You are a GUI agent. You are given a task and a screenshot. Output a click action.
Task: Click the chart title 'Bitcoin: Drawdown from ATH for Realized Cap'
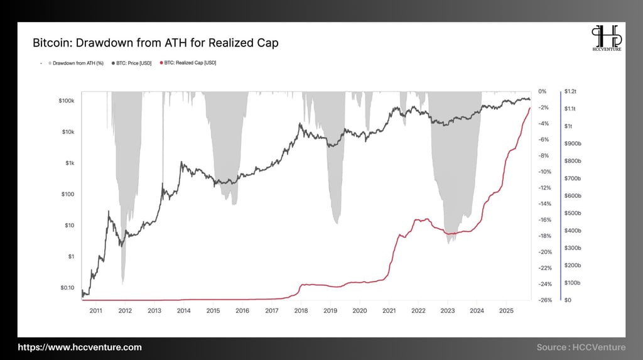point(155,43)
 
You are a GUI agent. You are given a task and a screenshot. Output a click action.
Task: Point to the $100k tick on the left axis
point(67,101)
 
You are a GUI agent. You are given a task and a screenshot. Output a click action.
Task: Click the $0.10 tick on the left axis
point(67,288)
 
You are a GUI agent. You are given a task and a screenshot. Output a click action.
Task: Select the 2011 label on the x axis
point(95,310)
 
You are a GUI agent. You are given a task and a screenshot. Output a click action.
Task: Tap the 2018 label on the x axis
point(301,310)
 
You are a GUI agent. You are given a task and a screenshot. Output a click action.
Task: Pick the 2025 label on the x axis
point(506,310)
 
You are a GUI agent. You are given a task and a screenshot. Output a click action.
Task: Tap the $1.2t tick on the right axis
point(571,92)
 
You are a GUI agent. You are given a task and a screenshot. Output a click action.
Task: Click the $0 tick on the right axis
point(568,300)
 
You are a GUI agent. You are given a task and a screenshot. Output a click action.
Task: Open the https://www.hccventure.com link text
point(79,347)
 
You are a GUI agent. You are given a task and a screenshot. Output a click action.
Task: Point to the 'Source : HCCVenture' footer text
point(581,347)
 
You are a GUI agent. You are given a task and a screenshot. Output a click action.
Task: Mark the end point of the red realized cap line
point(530,108)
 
